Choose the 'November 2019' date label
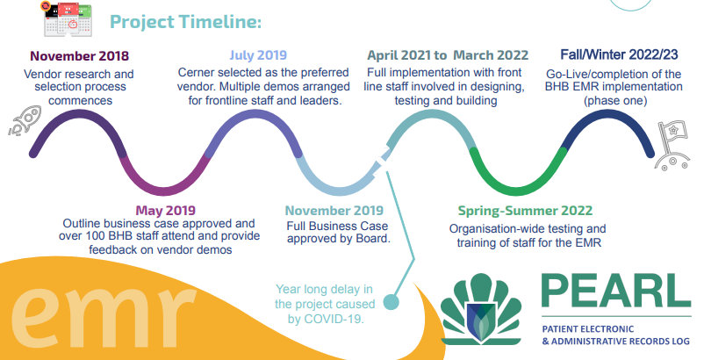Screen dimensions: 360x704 [x=334, y=211]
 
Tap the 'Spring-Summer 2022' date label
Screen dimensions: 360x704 [x=525, y=211]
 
